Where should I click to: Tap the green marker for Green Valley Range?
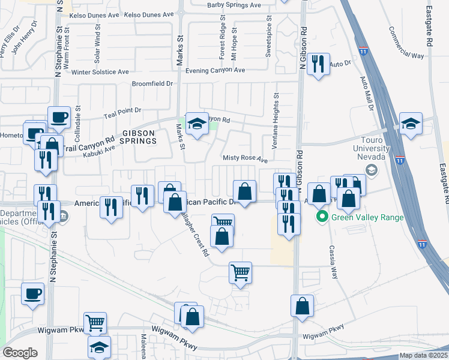(322, 217)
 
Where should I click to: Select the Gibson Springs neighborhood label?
(131, 136)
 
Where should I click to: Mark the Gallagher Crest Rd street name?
(197, 236)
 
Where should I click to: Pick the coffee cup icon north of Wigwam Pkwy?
(33, 293)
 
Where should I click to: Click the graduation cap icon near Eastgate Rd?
(411, 123)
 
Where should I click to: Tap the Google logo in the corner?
(20, 353)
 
